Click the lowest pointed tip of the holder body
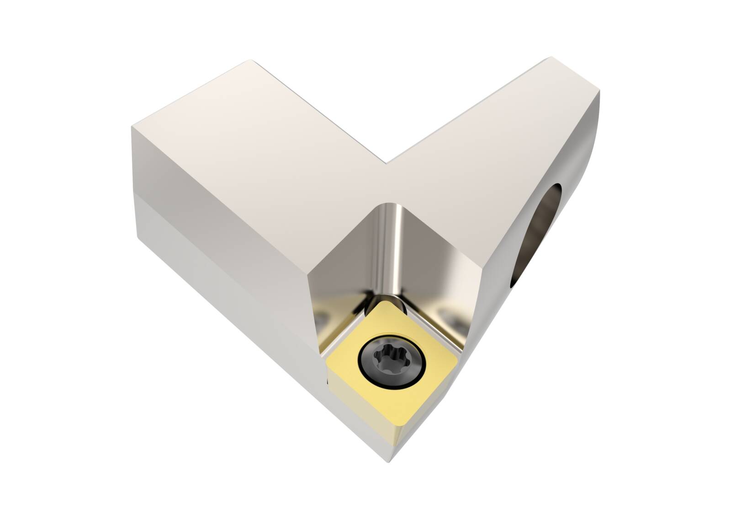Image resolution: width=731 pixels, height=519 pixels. point(390,462)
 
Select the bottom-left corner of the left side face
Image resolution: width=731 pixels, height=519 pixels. point(137,238)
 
